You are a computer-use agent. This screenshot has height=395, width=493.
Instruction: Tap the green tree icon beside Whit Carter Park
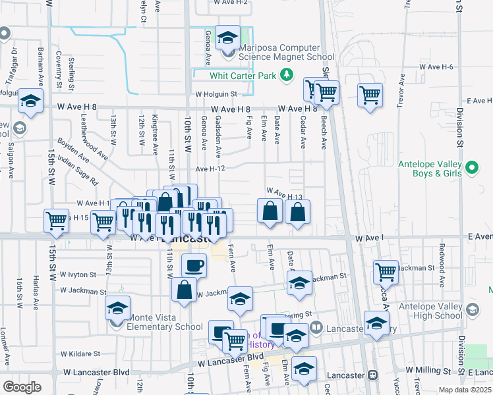coord(286,75)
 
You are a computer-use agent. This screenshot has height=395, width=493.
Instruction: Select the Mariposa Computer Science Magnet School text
coord(279,53)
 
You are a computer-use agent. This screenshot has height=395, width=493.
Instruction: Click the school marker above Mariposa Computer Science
coord(228,38)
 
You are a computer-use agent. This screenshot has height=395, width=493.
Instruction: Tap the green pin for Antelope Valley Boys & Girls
coord(471,169)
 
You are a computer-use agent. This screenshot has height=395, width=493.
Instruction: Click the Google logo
coord(22,387)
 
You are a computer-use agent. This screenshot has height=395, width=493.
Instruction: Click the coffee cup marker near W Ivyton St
coord(193,265)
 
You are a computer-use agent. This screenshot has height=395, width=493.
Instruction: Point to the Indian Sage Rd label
coord(77,170)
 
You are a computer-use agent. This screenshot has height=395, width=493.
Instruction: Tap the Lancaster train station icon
coord(372,375)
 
